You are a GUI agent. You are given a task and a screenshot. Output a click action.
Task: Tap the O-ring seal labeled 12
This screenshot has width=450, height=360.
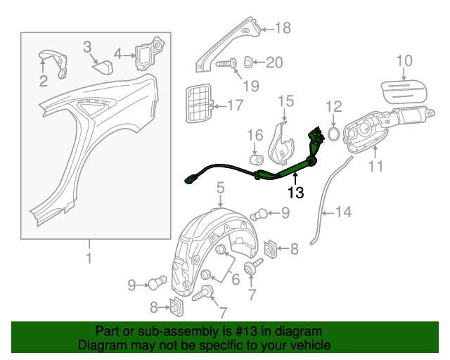(x=334, y=133)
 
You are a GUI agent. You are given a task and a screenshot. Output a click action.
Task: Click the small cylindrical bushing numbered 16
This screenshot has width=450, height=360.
(x=256, y=153)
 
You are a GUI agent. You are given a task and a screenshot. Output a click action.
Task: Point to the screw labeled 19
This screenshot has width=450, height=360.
(x=224, y=64)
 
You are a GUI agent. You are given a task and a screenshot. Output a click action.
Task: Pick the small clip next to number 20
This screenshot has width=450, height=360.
(x=250, y=62)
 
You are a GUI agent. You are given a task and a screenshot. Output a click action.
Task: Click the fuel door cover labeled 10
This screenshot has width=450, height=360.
(x=404, y=89)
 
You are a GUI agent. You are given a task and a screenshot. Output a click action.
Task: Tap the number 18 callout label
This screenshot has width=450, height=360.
(x=282, y=28)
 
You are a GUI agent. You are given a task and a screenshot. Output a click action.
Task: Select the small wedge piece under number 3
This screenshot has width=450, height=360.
(x=104, y=67)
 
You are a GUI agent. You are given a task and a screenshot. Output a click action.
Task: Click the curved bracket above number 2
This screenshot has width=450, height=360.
(x=52, y=61)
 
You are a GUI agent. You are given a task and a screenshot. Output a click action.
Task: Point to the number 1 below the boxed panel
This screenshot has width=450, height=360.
(x=89, y=258)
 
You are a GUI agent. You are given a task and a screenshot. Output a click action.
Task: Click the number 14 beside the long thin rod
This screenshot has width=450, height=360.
(x=341, y=211)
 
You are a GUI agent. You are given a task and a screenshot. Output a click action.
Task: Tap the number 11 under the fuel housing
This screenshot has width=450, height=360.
(x=376, y=167)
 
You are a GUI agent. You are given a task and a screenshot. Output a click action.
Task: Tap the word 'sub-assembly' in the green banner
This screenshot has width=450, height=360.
(x=155, y=330)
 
